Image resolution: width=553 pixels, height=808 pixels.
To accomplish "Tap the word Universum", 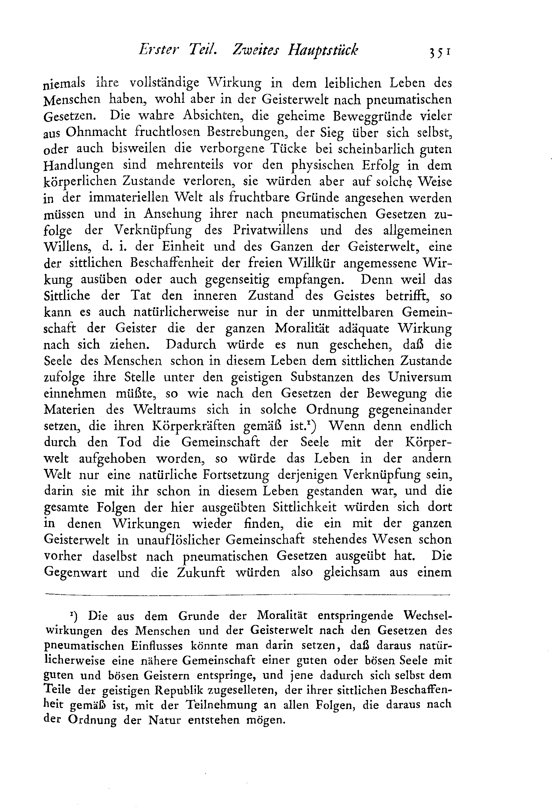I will [x=420, y=377].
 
